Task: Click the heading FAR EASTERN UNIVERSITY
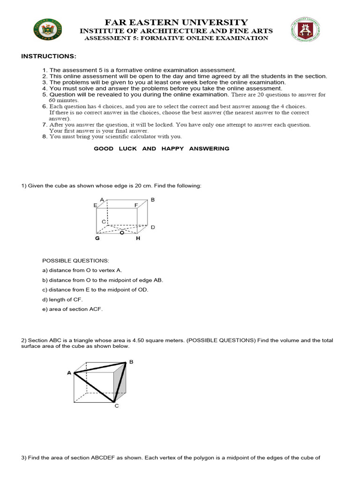[176, 22]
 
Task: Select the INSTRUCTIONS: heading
[48, 56]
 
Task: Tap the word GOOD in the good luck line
[104, 149]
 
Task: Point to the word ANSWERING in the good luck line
[210, 149]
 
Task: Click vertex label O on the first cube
[122, 232]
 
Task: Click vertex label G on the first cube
[97, 238]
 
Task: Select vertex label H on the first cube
[138, 238]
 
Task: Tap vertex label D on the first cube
[153, 227]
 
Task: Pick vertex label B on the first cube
[153, 200]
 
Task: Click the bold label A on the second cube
[69, 373]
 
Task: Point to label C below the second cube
[117, 406]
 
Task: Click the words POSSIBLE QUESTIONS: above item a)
[75, 260]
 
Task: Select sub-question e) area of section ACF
[72, 309]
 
